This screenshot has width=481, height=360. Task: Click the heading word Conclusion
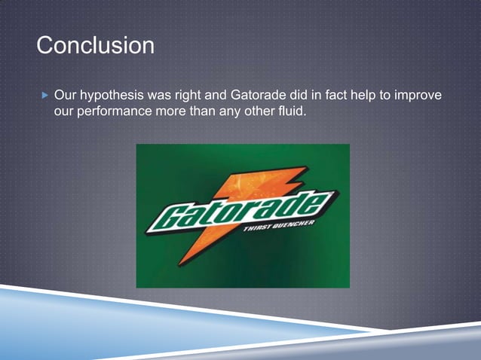95,45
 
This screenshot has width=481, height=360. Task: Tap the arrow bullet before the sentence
44,97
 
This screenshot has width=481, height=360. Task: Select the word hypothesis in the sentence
115,98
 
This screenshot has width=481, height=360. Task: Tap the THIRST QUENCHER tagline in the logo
279,230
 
